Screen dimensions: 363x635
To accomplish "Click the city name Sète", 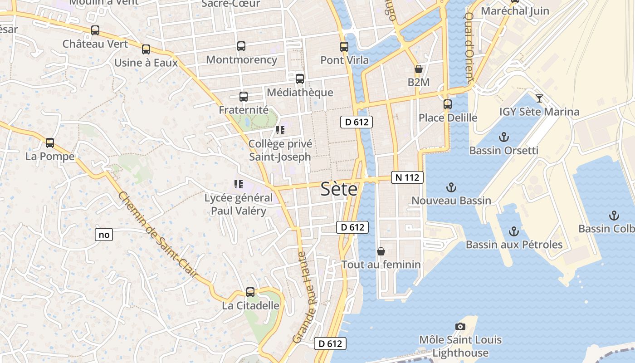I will point(339,189).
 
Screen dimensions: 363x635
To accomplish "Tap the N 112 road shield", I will point(407,177).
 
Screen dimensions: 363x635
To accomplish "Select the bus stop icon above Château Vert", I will point(95,30).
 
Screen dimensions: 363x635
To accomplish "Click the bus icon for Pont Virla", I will point(344,46).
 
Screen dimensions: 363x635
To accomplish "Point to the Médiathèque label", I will point(300,93).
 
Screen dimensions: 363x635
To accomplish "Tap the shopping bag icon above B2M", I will point(418,69).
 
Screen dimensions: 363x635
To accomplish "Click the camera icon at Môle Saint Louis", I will point(460,326).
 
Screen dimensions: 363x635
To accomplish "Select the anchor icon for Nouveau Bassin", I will point(451,187).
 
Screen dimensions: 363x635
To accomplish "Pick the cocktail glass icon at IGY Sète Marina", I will point(539,98).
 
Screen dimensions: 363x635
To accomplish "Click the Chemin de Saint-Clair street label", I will point(158,235).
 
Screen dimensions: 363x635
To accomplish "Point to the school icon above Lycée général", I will point(238,184).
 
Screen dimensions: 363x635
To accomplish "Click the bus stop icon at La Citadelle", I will point(250,292).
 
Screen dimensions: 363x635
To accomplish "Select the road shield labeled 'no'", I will point(104,235).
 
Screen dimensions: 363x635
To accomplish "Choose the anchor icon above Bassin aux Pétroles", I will point(514,231).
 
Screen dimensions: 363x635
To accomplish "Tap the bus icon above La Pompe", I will point(50,143).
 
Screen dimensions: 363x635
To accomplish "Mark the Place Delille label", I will point(448,118).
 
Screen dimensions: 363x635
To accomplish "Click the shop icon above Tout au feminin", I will point(381,251).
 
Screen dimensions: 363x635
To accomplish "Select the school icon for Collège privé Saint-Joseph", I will point(280,131).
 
